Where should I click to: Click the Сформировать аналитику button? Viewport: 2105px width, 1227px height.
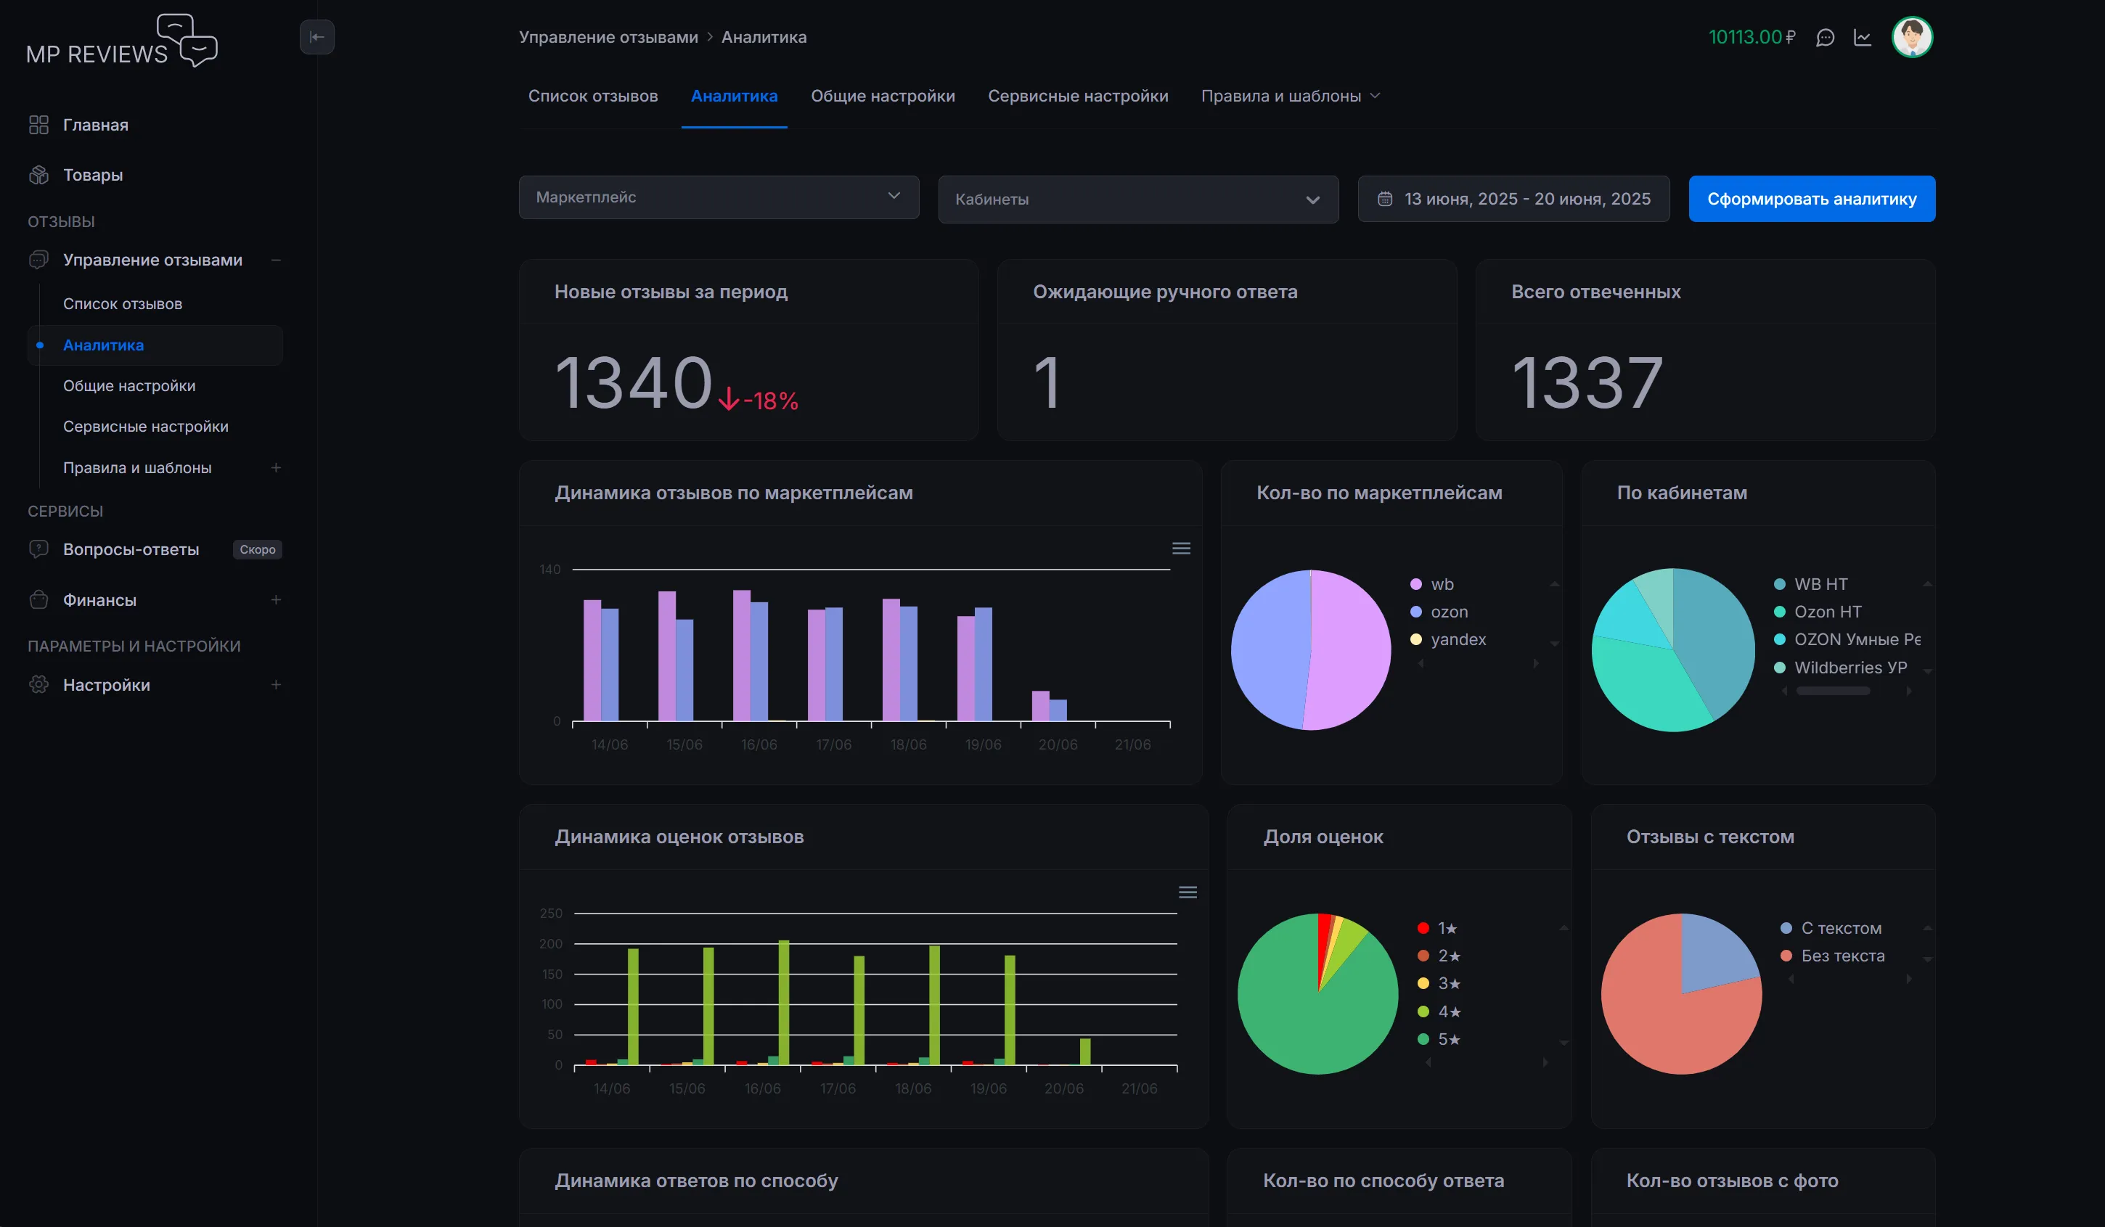(1811, 199)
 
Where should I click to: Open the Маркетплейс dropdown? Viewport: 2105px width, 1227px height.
(719, 197)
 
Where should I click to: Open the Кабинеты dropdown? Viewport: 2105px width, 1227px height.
(1137, 200)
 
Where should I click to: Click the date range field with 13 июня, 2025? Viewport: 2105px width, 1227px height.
(1513, 199)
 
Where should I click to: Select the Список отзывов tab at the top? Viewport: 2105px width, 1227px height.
(592, 96)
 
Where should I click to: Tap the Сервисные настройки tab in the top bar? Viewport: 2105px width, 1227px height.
(1078, 96)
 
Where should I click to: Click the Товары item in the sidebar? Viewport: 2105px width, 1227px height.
(93, 175)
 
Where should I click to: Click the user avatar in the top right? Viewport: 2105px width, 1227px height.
(1911, 37)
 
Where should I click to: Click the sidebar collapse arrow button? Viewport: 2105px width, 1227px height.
(316, 37)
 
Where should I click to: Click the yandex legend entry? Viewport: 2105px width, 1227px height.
(1458, 639)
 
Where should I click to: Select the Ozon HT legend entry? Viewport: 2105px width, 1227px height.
(1827, 612)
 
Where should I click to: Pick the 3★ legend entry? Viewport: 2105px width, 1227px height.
(1447, 983)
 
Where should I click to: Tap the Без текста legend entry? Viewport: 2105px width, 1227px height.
(1842, 956)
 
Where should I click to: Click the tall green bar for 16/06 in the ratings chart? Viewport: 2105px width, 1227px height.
(783, 1002)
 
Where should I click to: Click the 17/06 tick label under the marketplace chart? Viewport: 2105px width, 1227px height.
(833, 744)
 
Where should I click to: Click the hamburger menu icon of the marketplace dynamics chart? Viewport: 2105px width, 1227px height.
(1181, 549)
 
